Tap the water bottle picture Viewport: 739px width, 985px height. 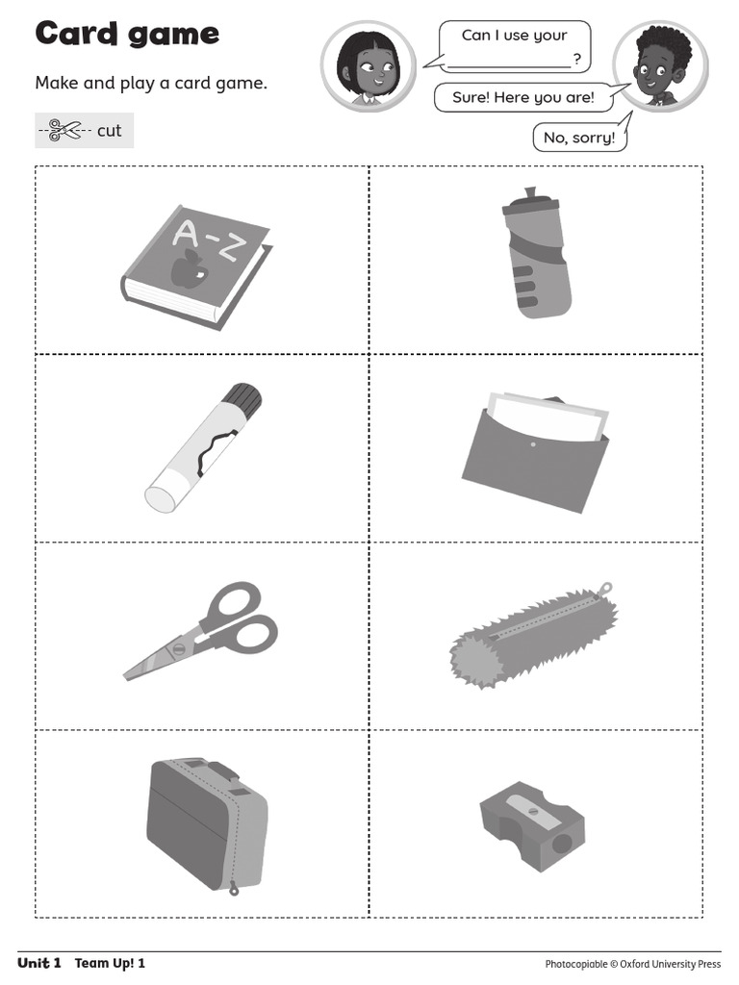536,255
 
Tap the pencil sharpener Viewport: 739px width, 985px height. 531,825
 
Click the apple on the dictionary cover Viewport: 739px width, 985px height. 187,272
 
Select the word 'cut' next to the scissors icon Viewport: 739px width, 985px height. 109,130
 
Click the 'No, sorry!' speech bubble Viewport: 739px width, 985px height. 578,138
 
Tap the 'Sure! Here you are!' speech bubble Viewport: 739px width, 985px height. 522,98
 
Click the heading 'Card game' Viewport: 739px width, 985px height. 127,34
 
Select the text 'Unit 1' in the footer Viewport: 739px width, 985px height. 39,963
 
